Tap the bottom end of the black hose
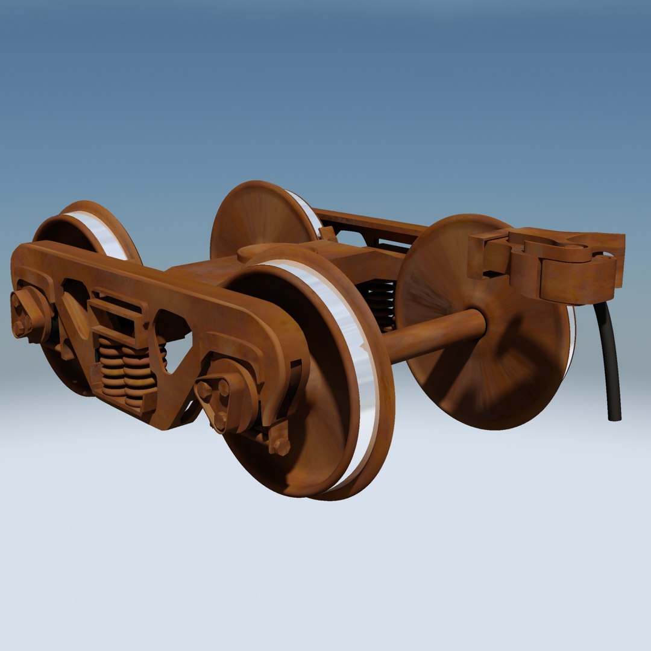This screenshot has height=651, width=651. pos(614,416)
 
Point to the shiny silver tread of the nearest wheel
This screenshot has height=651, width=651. pos(356,362)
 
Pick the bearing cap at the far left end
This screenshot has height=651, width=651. pos(27,313)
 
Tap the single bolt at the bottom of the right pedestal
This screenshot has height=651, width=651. pos(280,446)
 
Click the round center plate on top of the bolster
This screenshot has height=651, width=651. pos(259,252)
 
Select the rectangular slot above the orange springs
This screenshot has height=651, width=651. pos(118,313)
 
